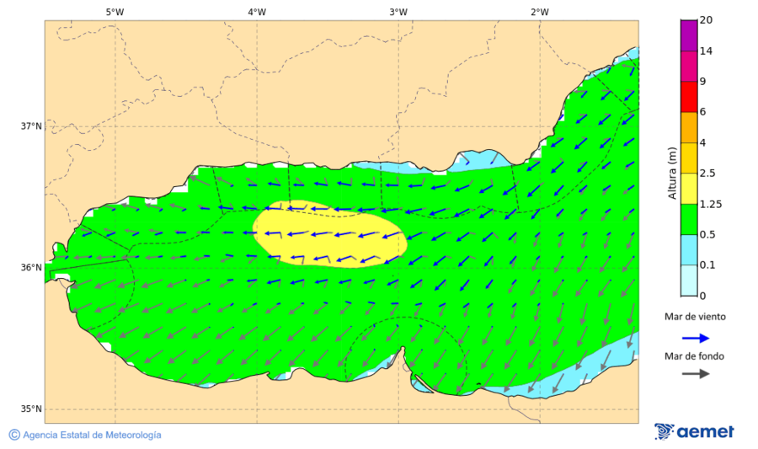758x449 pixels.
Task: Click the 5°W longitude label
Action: click(x=115, y=12)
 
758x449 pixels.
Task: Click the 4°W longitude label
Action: click(x=257, y=12)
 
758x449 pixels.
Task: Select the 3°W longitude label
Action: click(x=398, y=12)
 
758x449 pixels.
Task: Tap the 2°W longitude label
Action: click(x=540, y=12)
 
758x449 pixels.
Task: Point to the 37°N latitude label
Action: click(x=30, y=126)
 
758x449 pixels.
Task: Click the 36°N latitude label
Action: click(x=30, y=268)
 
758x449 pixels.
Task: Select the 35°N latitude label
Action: click(x=30, y=409)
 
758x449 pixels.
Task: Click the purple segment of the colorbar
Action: click(x=689, y=35)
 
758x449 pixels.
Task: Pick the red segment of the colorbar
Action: click(x=689, y=97)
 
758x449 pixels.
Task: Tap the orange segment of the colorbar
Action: click(x=689, y=127)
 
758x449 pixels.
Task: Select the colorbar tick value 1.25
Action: click(x=712, y=205)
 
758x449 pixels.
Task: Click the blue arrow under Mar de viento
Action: click(x=694, y=336)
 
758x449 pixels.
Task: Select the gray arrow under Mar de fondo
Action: click(x=694, y=374)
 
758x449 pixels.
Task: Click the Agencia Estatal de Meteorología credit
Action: click(x=92, y=436)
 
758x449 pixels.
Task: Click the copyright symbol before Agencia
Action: click(x=13, y=435)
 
